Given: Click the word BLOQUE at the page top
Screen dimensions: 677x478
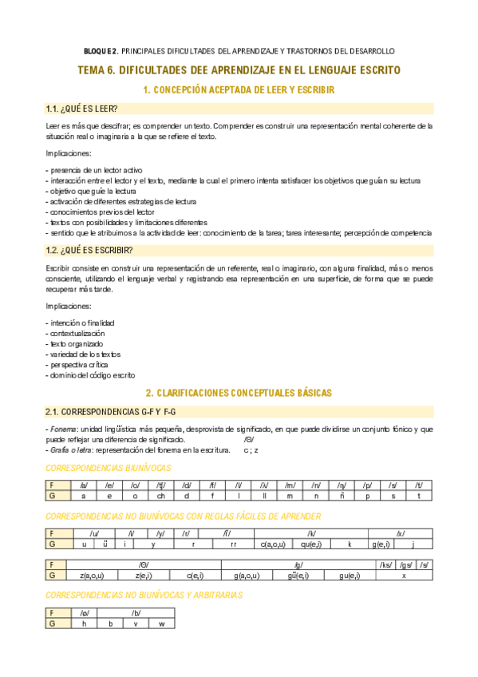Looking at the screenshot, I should [x=101, y=49].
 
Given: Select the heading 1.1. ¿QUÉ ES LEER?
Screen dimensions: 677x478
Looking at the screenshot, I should [x=82, y=109].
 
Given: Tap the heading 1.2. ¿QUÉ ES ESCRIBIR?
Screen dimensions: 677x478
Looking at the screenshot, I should [x=89, y=250].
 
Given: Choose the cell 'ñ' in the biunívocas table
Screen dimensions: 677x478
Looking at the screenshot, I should [x=341, y=495].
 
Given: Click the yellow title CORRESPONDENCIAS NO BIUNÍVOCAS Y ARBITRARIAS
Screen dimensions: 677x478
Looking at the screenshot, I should [x=144, y=596].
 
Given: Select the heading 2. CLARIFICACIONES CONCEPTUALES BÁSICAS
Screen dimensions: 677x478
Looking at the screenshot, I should [x=239, y=393].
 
